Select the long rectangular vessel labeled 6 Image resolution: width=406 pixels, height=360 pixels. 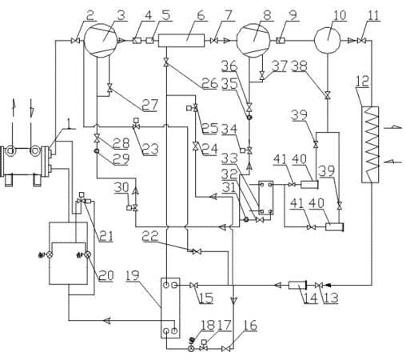pos(181,41)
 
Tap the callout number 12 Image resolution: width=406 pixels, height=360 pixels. pos(362,81)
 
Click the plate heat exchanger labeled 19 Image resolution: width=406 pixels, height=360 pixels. pos(170,308)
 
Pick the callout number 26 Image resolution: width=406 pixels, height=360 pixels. pos(210,83)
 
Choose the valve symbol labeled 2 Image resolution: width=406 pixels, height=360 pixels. pos(76,41)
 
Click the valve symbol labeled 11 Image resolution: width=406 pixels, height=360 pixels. pos(361,41)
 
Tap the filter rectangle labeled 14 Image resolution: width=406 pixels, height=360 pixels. pos(297,286)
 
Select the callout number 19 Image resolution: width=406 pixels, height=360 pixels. pos(133,275)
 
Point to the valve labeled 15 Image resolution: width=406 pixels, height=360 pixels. pos(193,286)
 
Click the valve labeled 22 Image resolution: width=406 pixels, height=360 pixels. pos(197,251)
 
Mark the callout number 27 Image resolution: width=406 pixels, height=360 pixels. pos(150,104)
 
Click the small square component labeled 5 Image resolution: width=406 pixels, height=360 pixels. pos(150,41)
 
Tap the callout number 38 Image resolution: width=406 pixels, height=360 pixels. pos(300,66)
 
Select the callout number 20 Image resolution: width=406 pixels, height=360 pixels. pos(106,275)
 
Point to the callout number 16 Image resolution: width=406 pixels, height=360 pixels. pos(250,325)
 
